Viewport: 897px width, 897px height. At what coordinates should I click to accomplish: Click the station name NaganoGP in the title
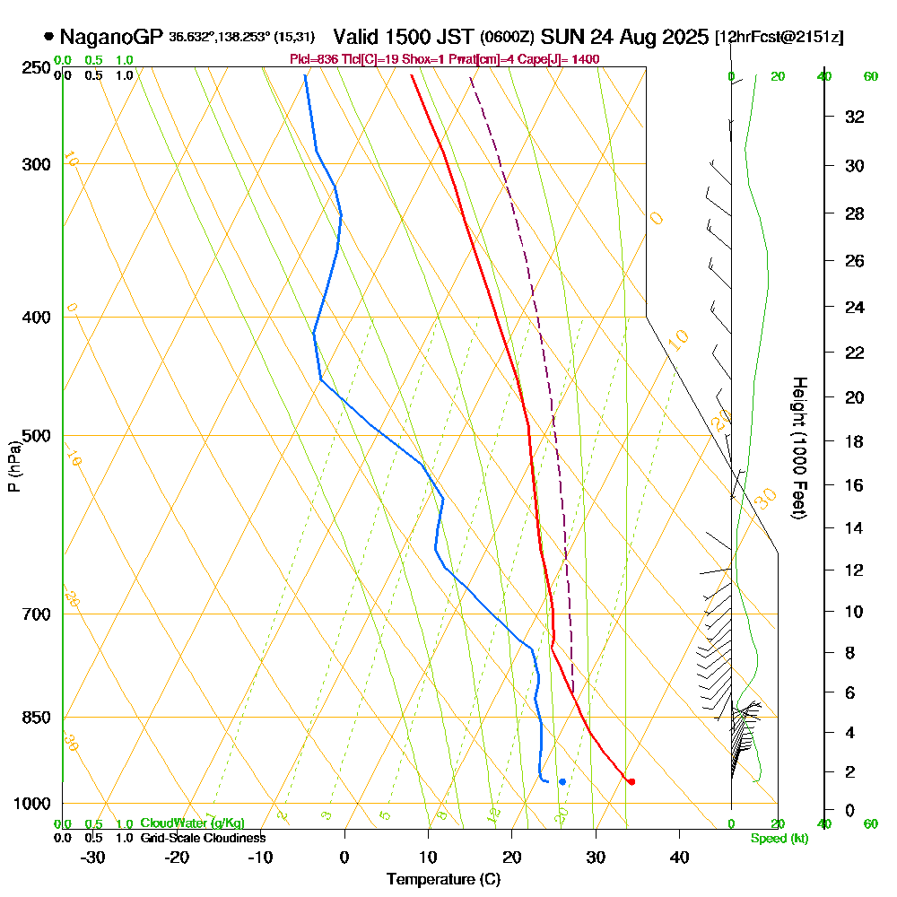click(x=112, y=37)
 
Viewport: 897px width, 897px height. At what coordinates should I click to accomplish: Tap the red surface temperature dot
click(x=631, y=781)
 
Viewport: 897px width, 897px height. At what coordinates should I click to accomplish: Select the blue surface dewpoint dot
click(x=562, y=781)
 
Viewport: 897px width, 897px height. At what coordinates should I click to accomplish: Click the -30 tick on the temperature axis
click(x=93, y=858)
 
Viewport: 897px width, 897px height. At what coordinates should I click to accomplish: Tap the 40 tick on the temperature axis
click(x=679, y=858)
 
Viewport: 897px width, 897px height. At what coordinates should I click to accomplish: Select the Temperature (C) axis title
click(x=443, y=880)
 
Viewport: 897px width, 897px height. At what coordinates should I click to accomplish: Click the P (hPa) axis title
click(x=13, y=466)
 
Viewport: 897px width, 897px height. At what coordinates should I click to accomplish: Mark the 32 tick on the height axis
click(x=855, y=116)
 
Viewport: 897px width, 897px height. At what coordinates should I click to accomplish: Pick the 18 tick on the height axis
click(x=855, y=441)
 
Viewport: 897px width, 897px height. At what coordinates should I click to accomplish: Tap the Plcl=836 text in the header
click(x=312, y=59)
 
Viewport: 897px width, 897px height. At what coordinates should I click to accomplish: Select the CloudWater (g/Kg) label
click(x=192, y=823)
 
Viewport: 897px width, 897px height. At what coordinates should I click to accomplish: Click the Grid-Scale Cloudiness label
click(x=203, y=838)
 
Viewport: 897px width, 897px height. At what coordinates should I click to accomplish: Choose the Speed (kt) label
click(x=777, y=838)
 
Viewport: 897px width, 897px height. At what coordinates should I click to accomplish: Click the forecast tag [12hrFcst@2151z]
click(x=779, y=38)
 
